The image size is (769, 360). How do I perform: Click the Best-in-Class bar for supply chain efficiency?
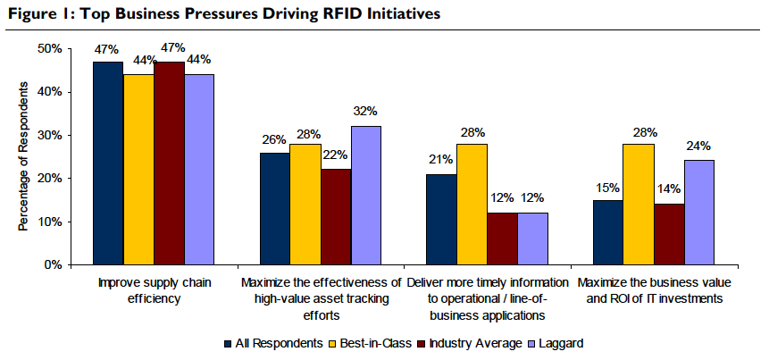(x=139, y=170)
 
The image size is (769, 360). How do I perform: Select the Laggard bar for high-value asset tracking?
(x=365, y=196)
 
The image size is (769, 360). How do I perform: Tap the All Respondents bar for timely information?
(x=441, y=220)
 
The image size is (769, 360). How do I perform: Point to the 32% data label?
(x=366, y=112)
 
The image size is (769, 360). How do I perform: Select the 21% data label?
(x=441, y=160)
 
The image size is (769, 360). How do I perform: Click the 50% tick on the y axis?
(x=50, y=48)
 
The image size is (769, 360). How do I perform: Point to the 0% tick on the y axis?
(x=54, y=265)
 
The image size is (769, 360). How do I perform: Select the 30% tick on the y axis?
(x=50, y=135)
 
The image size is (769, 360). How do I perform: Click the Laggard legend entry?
(x=561, y=343)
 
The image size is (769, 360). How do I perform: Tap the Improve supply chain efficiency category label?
(x=155, y=291)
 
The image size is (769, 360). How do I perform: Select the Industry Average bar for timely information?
(x=502, y=239)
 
